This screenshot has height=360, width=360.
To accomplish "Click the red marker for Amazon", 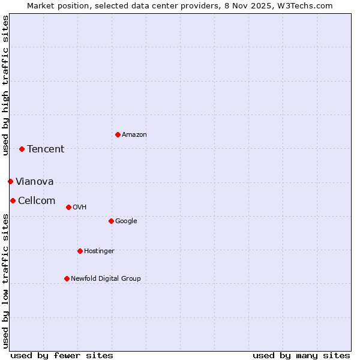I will point(118,134).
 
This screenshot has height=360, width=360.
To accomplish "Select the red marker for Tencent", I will point(22,149).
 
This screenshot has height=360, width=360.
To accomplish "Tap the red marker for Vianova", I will point(10,181).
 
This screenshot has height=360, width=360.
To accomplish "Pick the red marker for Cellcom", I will point(13,200).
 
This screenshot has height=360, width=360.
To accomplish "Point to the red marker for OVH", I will point(68,207).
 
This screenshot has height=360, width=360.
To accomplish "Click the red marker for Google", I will point(111,221).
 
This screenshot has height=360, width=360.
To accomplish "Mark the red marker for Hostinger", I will point(80,251).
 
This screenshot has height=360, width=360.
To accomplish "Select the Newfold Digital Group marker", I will point(67,278).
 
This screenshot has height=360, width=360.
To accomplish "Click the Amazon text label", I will point(134,134).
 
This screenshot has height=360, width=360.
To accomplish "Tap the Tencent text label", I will point(46,149).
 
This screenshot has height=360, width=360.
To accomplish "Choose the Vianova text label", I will point(35,181).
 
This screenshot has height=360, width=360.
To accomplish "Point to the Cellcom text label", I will point(37,200).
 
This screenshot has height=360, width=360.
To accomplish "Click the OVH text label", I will point(80,207).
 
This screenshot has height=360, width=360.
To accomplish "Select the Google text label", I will point(126,221).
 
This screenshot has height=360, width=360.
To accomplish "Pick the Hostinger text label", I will point(99,251).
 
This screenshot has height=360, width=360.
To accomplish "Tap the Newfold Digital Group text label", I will point(106,278).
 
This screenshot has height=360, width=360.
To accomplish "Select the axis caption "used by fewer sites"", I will point(62,355).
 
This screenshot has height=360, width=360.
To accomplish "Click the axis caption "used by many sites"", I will point(301,355).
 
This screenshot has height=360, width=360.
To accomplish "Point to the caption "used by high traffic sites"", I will point(5,85).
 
